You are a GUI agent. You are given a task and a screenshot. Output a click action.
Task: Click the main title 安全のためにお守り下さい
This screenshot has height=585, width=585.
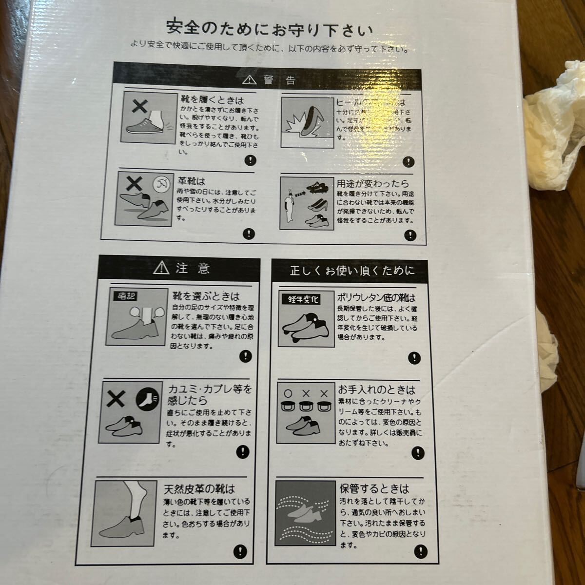coord(269,28)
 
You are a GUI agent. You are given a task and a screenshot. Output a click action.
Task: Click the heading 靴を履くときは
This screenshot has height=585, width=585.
coord(212,100)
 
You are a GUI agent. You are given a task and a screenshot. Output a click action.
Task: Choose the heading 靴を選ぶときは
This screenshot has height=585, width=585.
coord(205,295)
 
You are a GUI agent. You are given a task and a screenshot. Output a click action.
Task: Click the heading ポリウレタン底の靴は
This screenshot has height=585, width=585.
coord(376,297)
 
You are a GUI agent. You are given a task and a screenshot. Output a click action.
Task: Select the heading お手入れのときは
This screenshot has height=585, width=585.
coord(377,390)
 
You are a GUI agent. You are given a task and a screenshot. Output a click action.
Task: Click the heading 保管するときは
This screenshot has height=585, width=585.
coord(374,488)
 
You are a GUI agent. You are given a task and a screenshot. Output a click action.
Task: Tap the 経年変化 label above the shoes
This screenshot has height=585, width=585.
coord(301,299)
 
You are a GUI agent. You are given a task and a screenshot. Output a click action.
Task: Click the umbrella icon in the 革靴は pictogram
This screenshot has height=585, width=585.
coord(160,184)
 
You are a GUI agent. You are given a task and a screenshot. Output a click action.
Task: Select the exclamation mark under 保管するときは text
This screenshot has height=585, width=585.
coord(420,551)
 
